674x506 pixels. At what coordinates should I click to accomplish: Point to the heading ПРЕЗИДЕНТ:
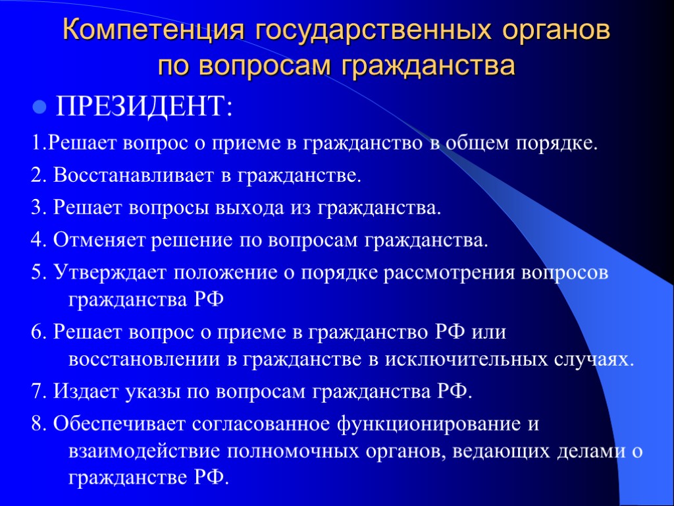coord(144,106)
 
